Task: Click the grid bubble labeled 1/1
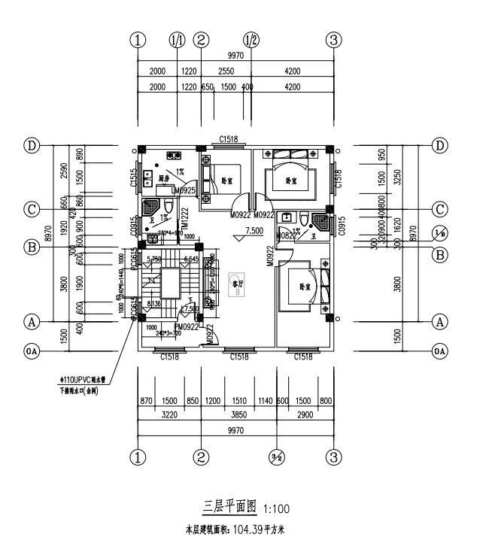[x=178, y=40]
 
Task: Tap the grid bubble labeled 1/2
[x=251, y=40]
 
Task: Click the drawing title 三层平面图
[x=230, y=506]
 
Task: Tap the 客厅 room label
[x=238, y=285]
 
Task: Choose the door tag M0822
[x=285, y=236]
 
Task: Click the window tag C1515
[x=132, y=179]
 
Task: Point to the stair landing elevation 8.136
[x=153, y=304]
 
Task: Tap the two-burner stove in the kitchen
[x=174, y=156]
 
